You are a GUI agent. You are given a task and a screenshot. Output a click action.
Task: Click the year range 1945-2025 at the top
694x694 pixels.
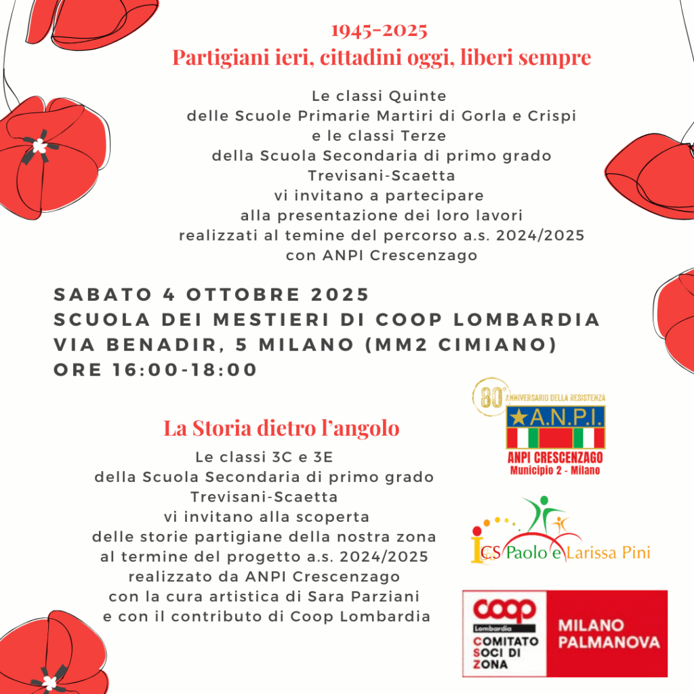379,31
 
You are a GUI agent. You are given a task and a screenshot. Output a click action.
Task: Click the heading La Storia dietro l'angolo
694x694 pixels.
281,429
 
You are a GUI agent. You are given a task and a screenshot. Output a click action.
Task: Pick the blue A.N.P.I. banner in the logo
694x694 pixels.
556,416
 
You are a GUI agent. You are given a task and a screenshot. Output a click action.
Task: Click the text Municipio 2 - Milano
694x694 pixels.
556,470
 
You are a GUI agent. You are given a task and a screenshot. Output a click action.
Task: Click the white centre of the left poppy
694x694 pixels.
39,146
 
